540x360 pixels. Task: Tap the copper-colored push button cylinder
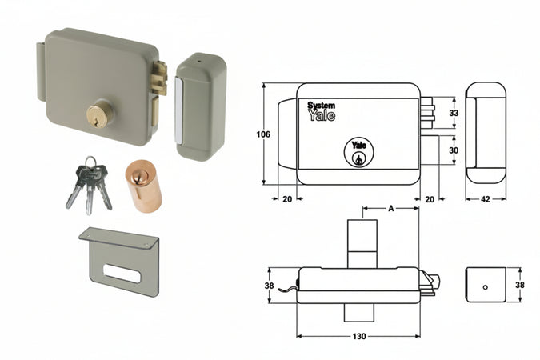pos(143,186)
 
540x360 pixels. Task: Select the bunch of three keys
pos(89,186)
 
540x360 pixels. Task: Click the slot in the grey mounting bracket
pos(122,274)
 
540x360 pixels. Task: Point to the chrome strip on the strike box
pos(178,110)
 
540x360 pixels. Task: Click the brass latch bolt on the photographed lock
pos(160,78)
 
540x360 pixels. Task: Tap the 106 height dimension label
pos(263,134)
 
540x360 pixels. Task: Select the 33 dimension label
pos(454,113)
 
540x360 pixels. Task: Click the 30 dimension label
pos(454,150)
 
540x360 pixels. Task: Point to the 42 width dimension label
pos(485,199)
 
